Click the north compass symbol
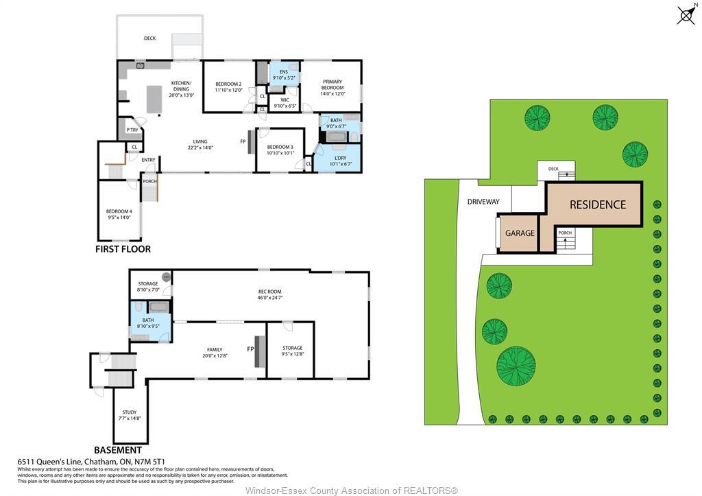coord(686,14)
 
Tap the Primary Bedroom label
coord(332,84)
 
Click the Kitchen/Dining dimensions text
coord(181,95)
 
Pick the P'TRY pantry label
coord(132,130)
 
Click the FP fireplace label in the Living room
coord(243,142)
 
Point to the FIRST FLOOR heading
coord(123,249)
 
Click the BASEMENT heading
coord(117,450)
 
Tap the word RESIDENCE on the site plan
coord(598,204)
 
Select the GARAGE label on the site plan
coord(520,233)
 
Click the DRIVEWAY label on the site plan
coord(483,202)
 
